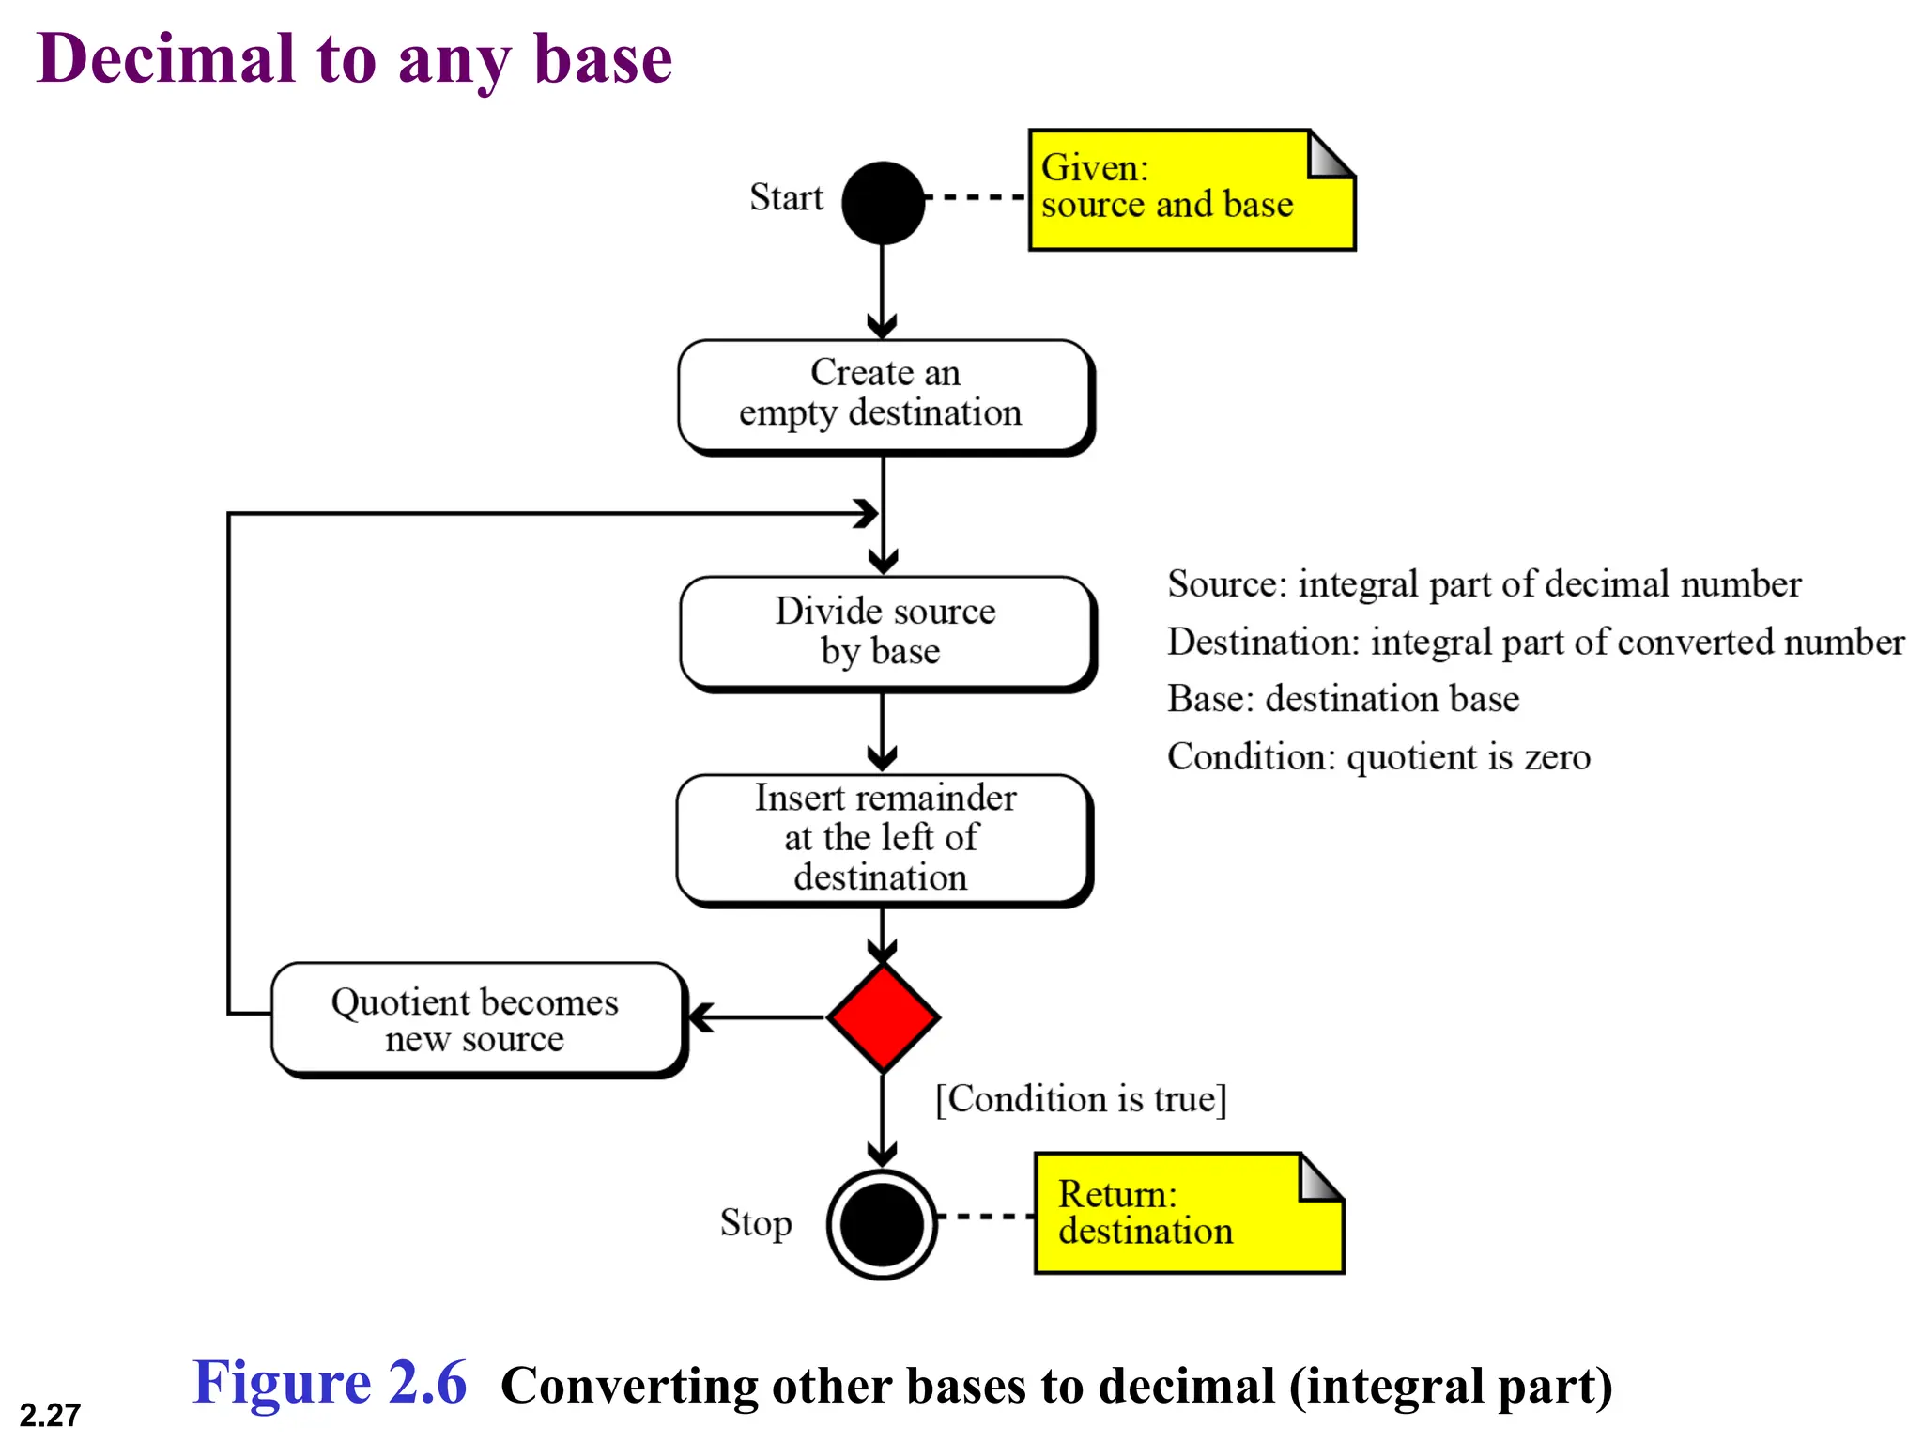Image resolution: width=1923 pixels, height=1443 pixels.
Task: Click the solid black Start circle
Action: click(x=883, y=203)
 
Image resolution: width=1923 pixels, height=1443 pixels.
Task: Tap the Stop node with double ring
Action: click(x=882, y=1224)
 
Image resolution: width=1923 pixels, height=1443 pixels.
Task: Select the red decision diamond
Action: click(x=883, y=1016)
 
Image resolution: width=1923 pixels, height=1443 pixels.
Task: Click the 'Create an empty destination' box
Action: click(x=885, y=396)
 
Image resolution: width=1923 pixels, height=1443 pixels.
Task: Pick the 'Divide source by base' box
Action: click(x=885, y=632)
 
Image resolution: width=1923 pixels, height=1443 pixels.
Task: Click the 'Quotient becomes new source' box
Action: click(x=477, y=1018)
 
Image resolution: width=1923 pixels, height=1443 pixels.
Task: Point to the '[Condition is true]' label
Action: click(x=1081, y=1098)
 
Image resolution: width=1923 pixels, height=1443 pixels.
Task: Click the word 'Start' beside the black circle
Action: click(x=786, y=198)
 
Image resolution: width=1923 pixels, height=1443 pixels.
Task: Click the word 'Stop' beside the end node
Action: click(x=756, y=1223)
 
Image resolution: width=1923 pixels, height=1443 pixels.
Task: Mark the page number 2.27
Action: click(x=50, y=1415)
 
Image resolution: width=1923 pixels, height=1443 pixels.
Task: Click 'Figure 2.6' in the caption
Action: click(x=330, y=1383)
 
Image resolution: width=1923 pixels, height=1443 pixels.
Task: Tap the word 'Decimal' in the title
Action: click(x=166, y=59)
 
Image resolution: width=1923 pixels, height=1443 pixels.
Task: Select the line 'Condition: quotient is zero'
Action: click(x=1378, y=757)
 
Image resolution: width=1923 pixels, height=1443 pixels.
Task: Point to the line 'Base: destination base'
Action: click(x=1343, y=699)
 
